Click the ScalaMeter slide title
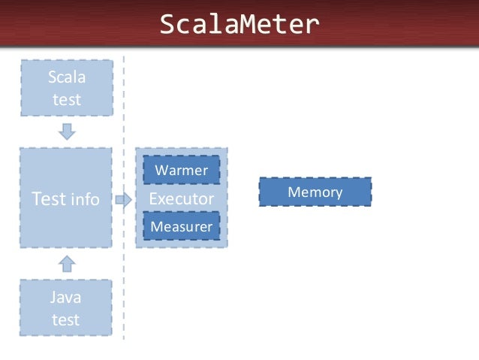point(239,25)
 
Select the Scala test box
point(66,88)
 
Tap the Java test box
point(66,308)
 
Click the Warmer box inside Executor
point(181,170)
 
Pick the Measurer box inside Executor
point(181,226)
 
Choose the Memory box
point(315,192)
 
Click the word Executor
point(181,198)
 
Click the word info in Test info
point(85,199)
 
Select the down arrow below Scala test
point(67,131)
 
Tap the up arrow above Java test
point(67,262)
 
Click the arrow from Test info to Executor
point(123,199)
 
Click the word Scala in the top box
point(66,77)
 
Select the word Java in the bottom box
point(66,298)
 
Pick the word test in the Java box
point(66,319)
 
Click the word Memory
point(315,192)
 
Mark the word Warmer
point(181,170)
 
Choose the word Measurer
point(181,226)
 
